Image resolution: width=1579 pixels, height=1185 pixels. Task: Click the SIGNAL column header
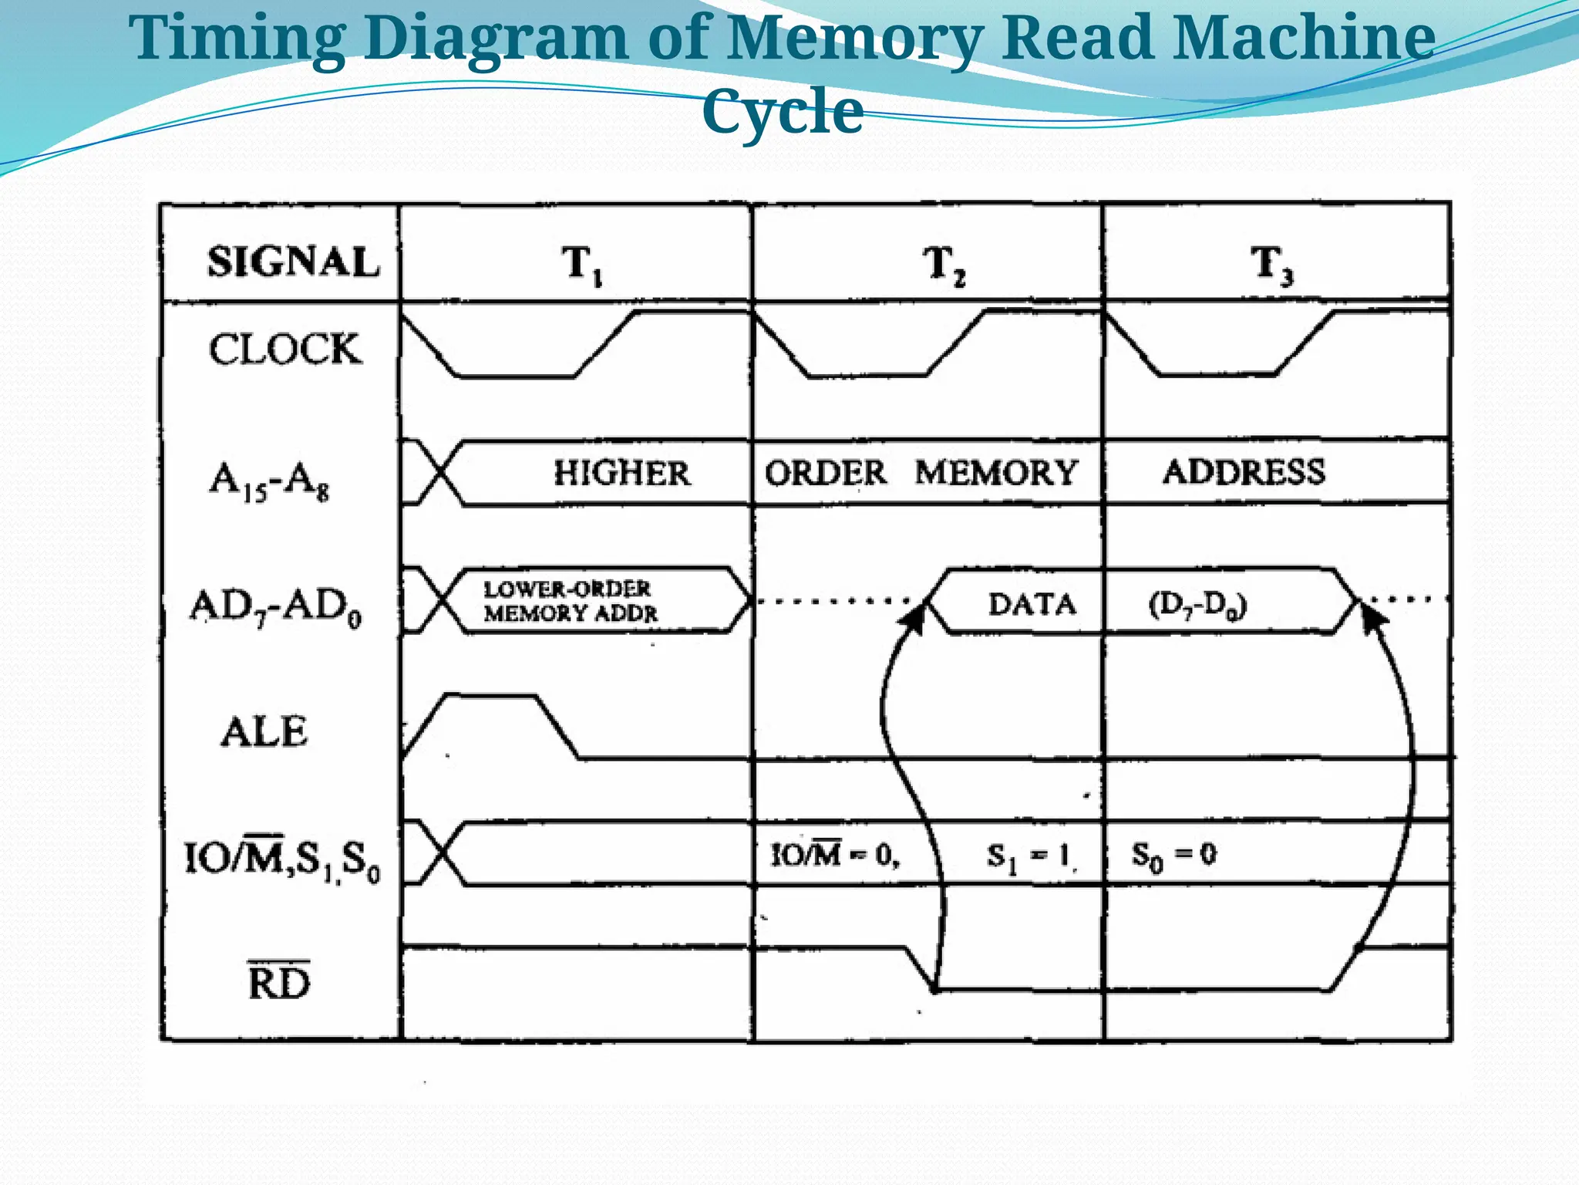[x=293, y=262]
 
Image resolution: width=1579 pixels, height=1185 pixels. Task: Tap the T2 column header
[x=944, y=264]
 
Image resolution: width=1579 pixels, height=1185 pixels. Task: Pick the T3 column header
[x=1271, y=264]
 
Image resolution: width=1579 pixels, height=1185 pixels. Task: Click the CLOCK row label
[x=284, y=349]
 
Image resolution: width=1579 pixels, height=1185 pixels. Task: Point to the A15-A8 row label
[x=270, y=480]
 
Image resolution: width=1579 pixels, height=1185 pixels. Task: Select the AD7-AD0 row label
[x=276, y=607]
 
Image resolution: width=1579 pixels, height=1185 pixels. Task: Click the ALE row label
[x=264, y=731]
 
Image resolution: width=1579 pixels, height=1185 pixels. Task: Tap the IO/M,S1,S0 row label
[x=282, y=858]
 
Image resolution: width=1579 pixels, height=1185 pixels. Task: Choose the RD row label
[x=279, y=981]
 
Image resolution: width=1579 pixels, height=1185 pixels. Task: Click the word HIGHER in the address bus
[x=621, y=473]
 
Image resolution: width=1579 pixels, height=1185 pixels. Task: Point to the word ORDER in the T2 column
[x=825, y=473]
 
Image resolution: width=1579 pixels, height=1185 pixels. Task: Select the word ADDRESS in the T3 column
[x=1244, y=471]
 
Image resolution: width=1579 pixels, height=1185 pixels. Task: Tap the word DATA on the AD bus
[x=1032, y=604]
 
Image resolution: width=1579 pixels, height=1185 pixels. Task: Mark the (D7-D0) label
[x=1197, y=606]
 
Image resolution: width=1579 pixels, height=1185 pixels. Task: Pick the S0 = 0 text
[x=1173, y=855]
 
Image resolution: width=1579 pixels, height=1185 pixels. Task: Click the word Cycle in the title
[x=783, y=111]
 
